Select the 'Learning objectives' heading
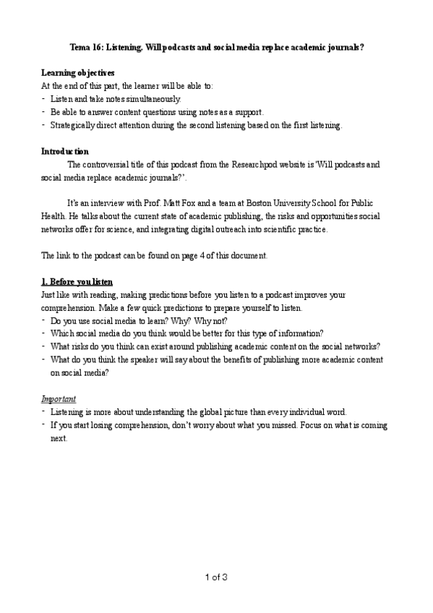click(77, 73)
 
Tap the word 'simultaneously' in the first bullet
click(154, 99)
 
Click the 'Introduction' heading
click(65, 151)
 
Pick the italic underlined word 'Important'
click(59, 398)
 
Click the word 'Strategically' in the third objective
click(73, 125)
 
